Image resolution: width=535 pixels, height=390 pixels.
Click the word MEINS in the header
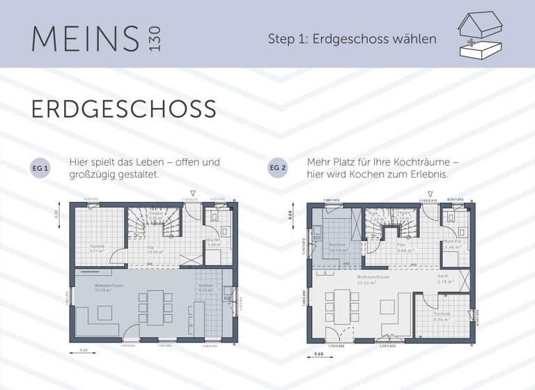tap(85, 38)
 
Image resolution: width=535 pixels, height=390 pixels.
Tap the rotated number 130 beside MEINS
tap(154, 38)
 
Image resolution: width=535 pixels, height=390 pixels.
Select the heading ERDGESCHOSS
tap(123, 109)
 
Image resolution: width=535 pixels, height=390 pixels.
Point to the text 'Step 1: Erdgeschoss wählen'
tap(352, 38)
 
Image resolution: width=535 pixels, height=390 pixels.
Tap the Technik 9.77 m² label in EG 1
tap(97, 248)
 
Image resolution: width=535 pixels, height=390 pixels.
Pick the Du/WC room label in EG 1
tap(214, 243)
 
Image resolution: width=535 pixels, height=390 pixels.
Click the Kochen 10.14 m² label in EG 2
tap(337, 247)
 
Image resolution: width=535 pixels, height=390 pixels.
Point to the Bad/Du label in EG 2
tap(453, 244)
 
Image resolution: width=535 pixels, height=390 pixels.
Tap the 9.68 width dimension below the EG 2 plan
tap(319, 354)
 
